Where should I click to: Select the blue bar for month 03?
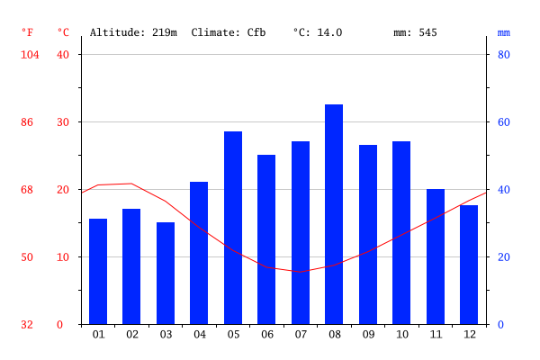click(166, 273)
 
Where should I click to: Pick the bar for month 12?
click(469, 265)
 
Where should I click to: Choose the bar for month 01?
click(98, 271)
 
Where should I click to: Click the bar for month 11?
click(436, 256)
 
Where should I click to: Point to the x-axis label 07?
click(301, 335)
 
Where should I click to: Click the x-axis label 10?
click(401, 335)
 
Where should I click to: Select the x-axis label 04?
click(199, 335)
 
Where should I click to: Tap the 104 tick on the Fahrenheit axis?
click(30, 55)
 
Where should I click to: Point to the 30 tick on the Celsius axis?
click(63, 122)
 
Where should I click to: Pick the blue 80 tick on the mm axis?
click(505, 55)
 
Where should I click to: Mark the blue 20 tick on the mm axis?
click(505, 257)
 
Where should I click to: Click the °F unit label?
click(28, 32)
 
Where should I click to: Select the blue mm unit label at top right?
click(504, 32)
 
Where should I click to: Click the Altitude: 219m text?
click(133, 32)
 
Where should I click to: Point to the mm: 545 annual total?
click(415, 32)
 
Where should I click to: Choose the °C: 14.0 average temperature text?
click(318, 32)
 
